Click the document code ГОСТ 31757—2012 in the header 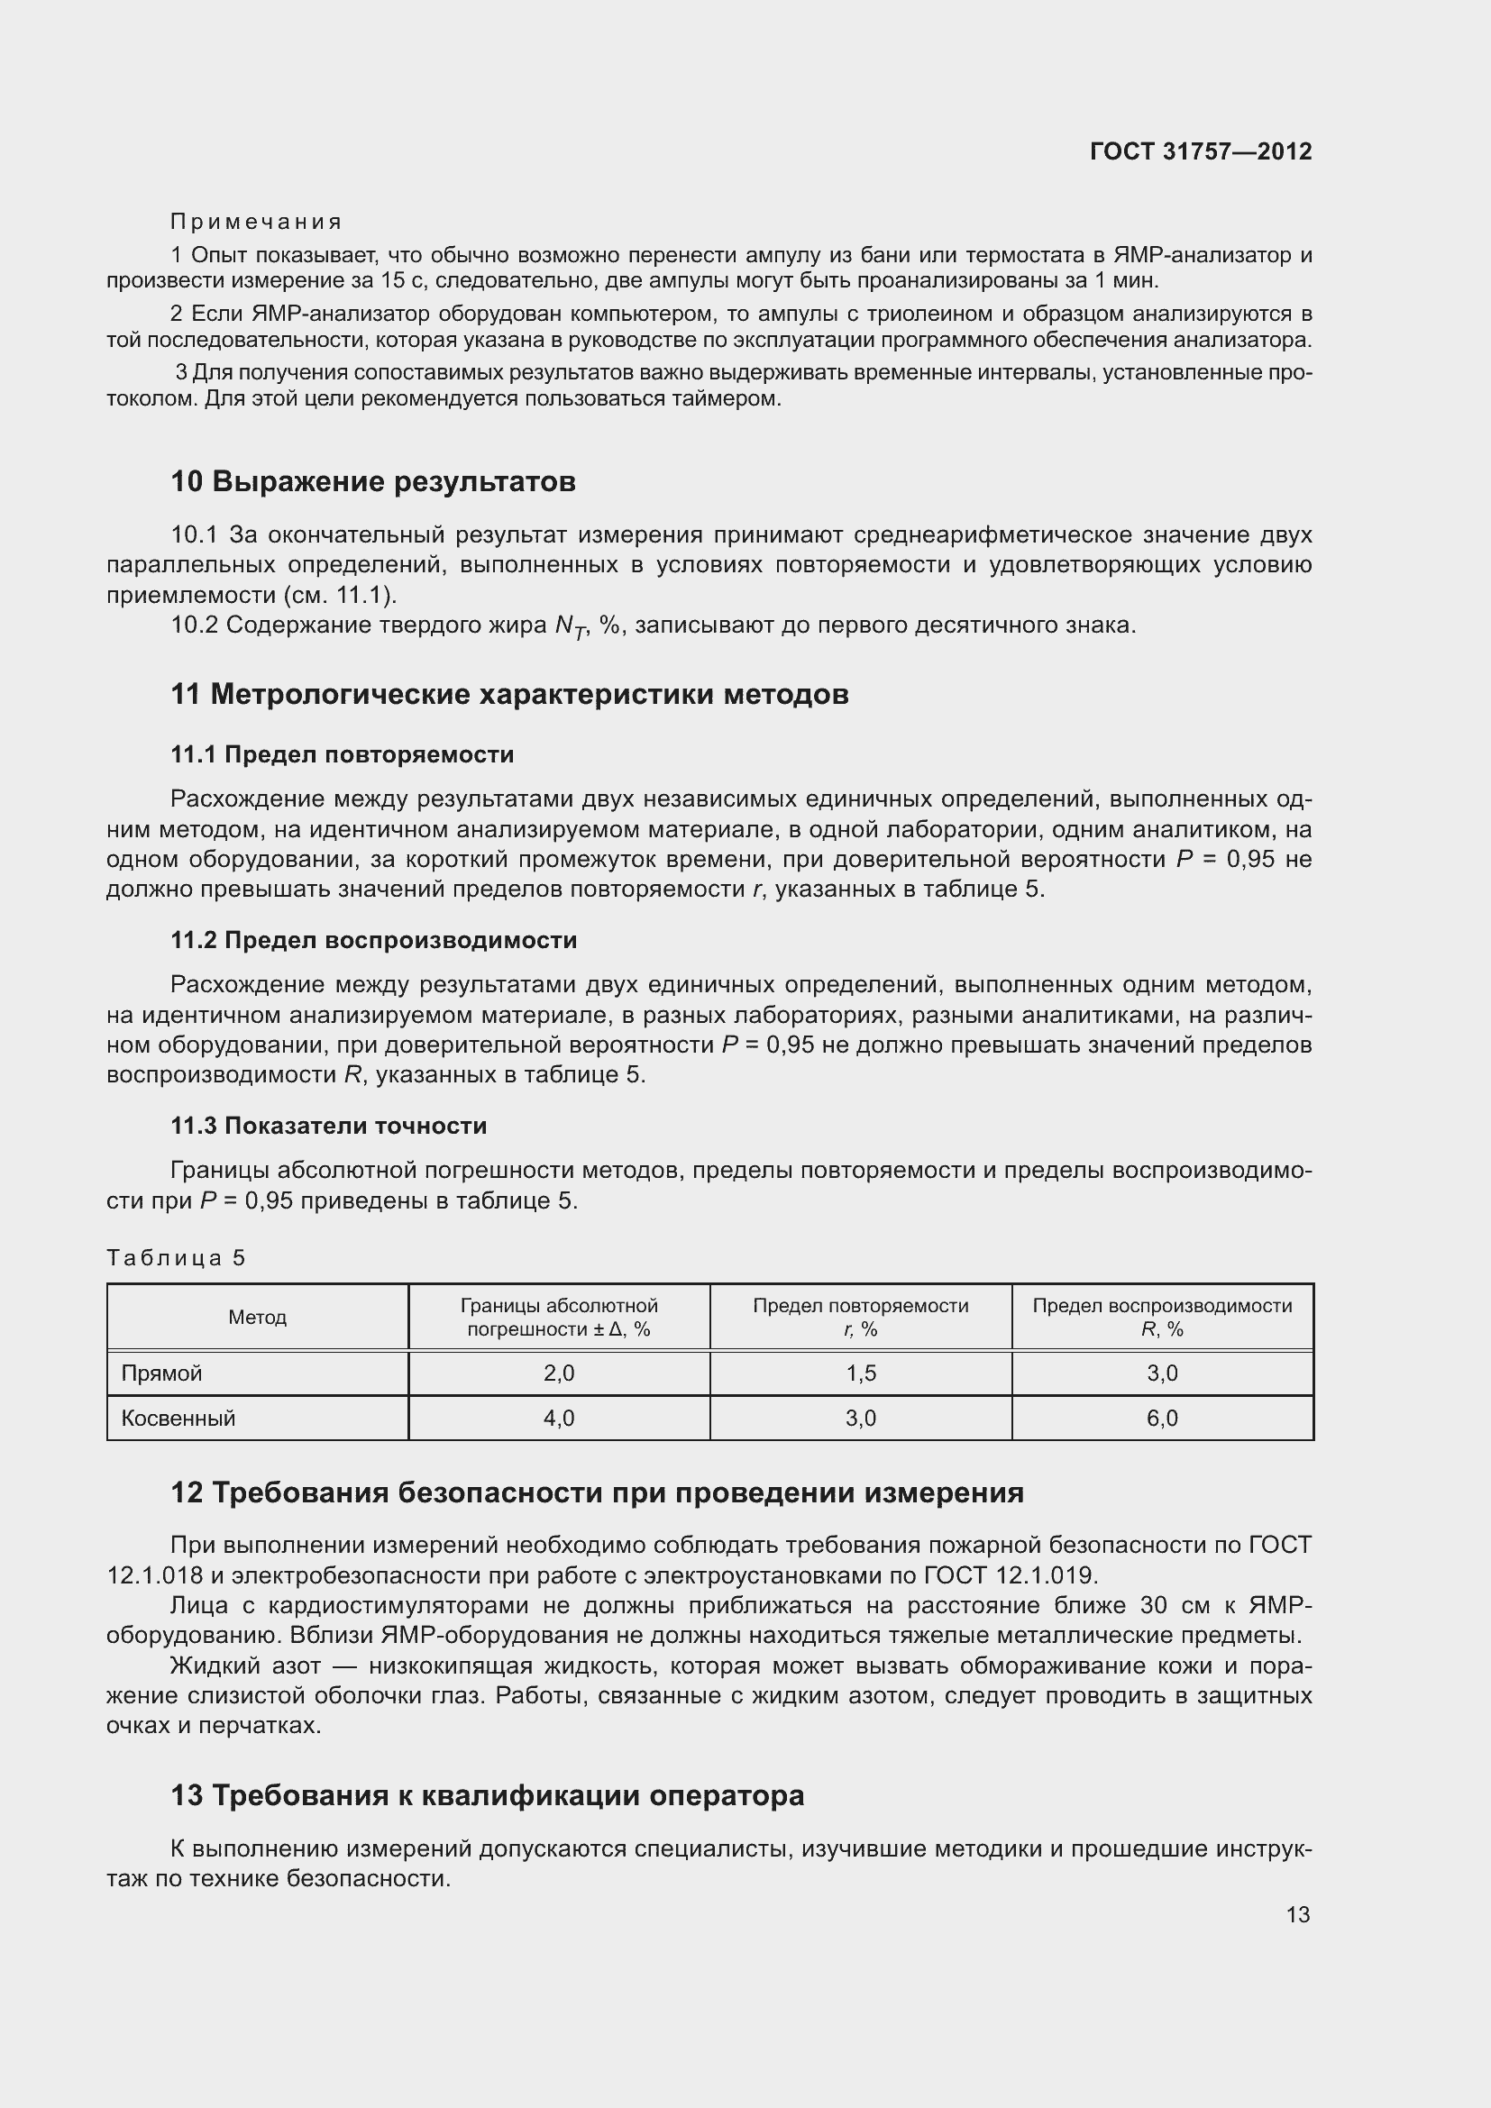click(x=1200, y=151)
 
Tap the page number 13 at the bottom click(x=1297, y=1914)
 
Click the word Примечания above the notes click(x=256, y=223)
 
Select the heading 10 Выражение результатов click(x=373, y=481)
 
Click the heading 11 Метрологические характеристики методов click(x=509, y=694)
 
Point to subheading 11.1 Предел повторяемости click(x=343, y=754)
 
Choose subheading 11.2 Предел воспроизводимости click(x=374, y=940)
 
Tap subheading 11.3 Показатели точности click(x=329, y=1126)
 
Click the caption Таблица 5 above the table click(x=177, y=1258)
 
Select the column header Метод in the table click(x=257, y=1318)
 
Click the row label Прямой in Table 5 click(x=161, y=1373)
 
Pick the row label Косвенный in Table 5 click(x=178, y=1419)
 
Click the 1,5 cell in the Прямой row click(x=860, y=1373)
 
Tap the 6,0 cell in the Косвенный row click(x=1161, y=1419)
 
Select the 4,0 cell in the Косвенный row click(x=558, y=1419)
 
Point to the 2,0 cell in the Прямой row click(x=558, y=1373)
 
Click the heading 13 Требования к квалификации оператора click(x=487, y=1795)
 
